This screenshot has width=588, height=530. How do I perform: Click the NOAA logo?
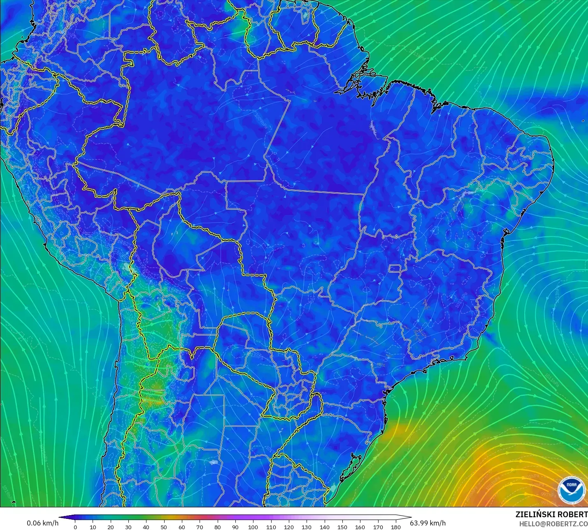click(571, 490)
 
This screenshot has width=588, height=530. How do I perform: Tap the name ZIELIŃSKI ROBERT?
click(551, 515)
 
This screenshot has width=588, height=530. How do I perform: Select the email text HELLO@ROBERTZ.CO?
click(553, 524)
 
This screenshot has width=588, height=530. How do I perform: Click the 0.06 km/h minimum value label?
click(43, 523)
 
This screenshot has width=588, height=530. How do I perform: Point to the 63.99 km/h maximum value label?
click(428, 523)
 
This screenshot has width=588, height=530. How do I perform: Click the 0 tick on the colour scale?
click(75, 527)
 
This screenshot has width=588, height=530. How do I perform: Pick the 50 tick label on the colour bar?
click(164, 527)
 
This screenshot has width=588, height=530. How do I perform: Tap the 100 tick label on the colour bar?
click(253, 527)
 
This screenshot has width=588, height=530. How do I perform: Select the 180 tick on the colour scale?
click(395, 527)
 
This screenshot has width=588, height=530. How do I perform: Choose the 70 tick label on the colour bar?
click(200, 527)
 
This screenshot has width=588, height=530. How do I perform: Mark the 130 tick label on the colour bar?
click(307, 527)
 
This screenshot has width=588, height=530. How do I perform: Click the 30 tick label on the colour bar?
click(128, 527)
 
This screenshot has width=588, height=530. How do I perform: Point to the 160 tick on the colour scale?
click(360, 527)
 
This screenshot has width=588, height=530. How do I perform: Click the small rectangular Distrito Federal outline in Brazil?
click(395, 270)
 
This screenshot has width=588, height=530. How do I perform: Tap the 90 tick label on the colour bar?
click(235, 527)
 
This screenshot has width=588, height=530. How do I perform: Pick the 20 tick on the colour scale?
click(111, 527)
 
